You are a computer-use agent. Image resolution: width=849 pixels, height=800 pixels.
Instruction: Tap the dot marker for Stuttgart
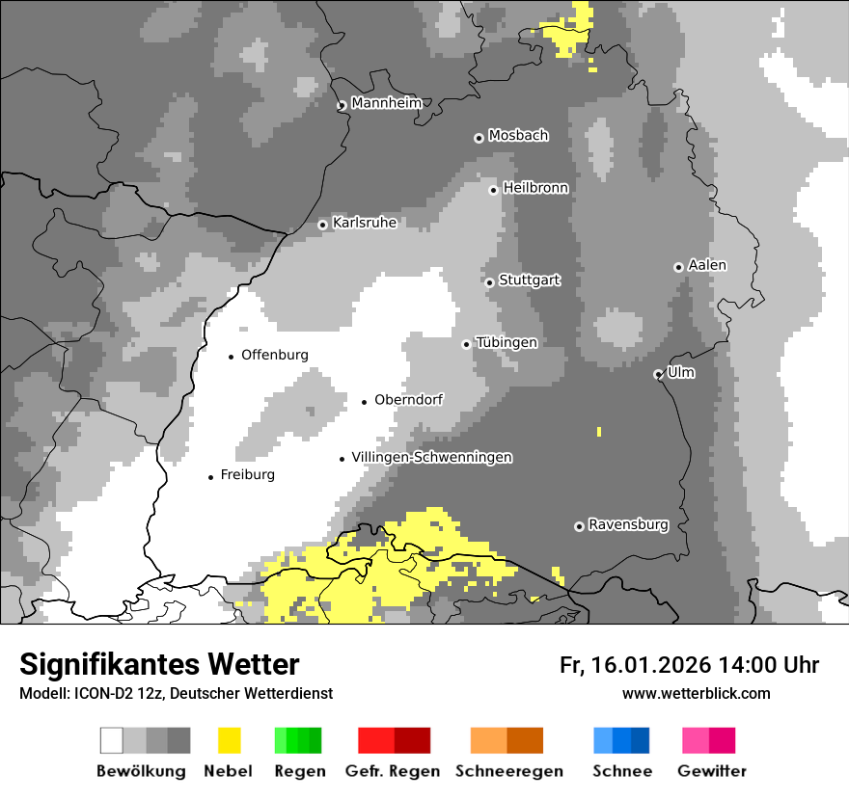click(489, 282)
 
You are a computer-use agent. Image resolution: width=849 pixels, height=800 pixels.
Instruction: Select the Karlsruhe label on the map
click(364, 223)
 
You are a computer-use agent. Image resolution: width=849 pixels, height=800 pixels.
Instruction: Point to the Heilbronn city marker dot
click(493, 190)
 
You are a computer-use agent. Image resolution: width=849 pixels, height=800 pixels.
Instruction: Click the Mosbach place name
click(518, 136)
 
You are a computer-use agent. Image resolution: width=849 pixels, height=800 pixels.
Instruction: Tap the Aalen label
click(707, 265)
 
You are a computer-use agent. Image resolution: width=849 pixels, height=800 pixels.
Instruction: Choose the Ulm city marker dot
click(658, 374)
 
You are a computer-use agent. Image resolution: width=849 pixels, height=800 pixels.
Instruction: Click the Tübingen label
click(507, 342)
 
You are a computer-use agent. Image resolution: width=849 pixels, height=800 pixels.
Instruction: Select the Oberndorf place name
click(408, 399)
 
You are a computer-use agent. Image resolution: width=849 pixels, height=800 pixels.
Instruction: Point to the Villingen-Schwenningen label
click(431, 457)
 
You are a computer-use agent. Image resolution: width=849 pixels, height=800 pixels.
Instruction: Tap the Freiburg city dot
click(210, 477)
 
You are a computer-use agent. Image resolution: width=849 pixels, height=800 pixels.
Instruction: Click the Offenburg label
click(275, 355)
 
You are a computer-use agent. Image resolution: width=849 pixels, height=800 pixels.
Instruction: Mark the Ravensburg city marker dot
click(579, 526)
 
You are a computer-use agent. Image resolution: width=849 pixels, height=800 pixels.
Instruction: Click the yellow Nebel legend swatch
click(229, 740)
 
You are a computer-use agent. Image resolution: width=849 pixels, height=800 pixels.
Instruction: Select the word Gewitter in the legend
click(712, 771)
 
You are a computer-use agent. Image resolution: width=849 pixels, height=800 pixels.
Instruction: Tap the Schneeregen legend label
click(509, 771)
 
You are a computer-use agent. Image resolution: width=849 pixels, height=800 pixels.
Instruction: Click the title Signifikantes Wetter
click(159, 664)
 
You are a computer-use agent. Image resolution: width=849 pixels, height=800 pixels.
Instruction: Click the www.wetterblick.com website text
click(696, 693)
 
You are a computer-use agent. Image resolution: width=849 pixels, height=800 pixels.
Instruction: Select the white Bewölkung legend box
click(112, 740)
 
